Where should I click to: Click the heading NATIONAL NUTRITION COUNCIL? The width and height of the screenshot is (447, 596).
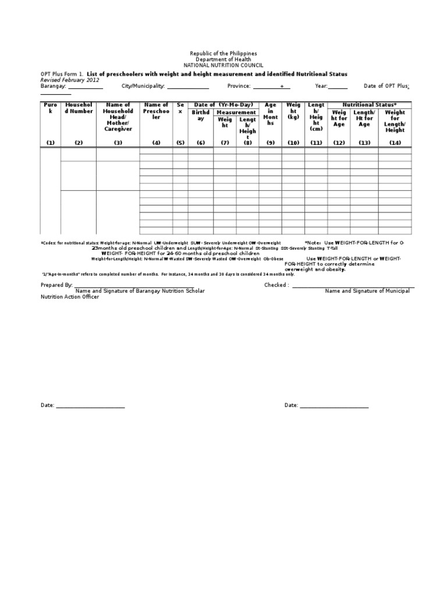[x=223, y=65]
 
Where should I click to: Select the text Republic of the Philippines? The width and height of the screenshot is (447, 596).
[x=223, y=54]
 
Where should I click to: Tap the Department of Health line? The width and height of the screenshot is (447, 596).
[x=223, y=59]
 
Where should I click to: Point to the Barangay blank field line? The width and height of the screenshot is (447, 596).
[x=86, y=88]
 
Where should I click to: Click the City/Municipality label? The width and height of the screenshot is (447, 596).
[x=143, y=86]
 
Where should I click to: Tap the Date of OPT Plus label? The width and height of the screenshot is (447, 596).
[x=386, y=86]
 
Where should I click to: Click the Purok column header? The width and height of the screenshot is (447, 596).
[x=51, y=108]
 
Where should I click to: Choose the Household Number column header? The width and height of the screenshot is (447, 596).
[x=79, y=108]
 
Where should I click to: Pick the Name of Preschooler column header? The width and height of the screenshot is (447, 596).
[x=156, y=111]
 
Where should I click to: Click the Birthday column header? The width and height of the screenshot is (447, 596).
[x=201, y=115]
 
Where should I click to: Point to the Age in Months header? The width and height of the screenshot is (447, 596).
[x=270, y=113]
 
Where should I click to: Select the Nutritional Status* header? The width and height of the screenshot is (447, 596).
[x=369, y=104]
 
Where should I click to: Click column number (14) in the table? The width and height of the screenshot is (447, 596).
[x=395, y=143]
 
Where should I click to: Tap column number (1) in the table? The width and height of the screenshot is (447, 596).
[x=51, y=143]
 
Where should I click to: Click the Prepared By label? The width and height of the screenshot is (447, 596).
[x=56, y=285]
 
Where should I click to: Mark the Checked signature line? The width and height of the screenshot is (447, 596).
[x=353, y=287]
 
